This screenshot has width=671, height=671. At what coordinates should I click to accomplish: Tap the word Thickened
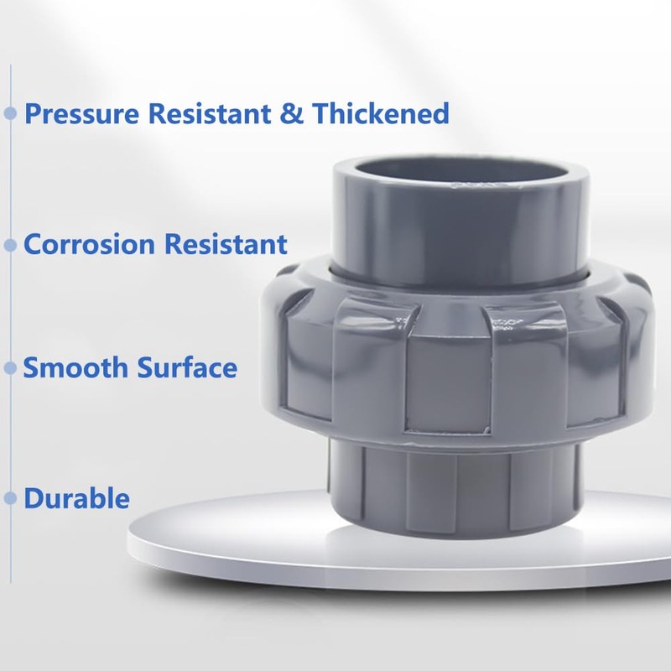pyautogui.click(x=381, y=113)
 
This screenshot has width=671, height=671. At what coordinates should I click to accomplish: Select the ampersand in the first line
pyautogui.click(x=292, y=113)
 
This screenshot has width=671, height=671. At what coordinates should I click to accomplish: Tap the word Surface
pyautogui.click(x=186, y=367)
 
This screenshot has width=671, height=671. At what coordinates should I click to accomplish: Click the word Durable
pyautogui.click(x=77, y=498)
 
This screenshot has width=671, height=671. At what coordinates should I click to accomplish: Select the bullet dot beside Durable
pyautogui.click(x=11, y=498)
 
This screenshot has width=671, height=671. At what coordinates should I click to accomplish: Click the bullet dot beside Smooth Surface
pyautogui.click(x=11, y=367)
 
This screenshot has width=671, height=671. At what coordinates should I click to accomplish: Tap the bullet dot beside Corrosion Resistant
pyautogui.click(x=11, y=245)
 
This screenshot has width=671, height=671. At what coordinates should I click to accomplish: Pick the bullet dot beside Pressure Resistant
pyautogui.click(x=11, y=113)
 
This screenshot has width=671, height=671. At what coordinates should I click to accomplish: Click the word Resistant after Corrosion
pyautogui.click(x=226, y=245)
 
